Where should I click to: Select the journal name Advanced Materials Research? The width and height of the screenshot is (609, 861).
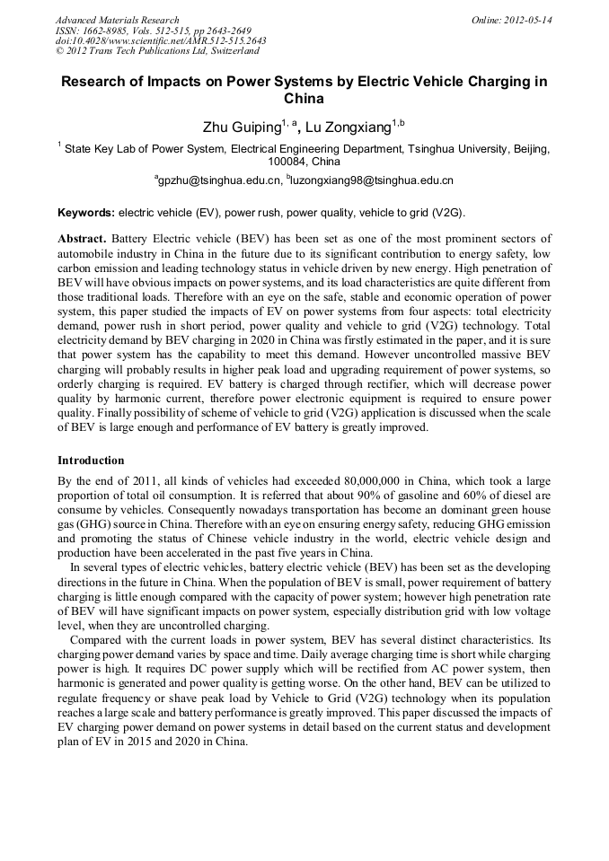[x=117, y=20]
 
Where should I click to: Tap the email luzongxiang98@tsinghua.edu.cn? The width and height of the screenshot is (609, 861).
[x=371, y=180]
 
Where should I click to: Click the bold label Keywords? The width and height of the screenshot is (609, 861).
[x=86, y=213]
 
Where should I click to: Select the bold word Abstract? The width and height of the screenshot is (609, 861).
[x=83, y=240]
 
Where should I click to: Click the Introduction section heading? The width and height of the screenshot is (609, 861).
[x=91, y=460]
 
